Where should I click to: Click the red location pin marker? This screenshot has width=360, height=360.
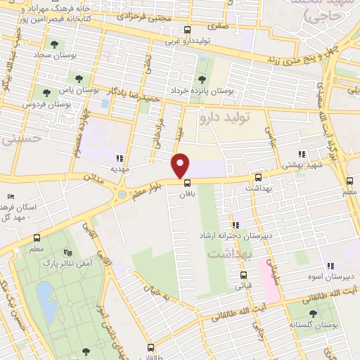coord(181,165)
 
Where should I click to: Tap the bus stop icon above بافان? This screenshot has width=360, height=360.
coord(186,183)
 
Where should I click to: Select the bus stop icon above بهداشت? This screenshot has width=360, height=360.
coord(258,178)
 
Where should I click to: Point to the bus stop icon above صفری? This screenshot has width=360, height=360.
coord(187,30)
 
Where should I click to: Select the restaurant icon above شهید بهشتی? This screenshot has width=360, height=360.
coord(301,154)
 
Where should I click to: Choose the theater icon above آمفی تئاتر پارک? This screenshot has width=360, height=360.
coord(67,252)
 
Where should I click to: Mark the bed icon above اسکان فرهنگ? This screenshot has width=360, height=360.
coord(10,198)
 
